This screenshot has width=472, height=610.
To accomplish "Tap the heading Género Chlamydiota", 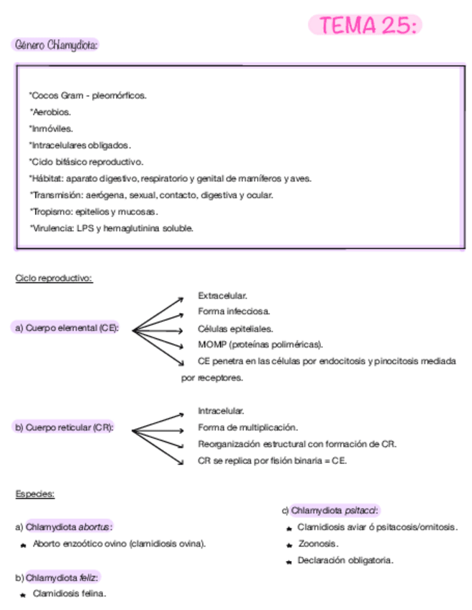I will pos(55,45).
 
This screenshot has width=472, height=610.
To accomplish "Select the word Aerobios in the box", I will pos(51,111).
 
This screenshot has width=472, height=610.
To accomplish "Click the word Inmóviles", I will pos(52,128).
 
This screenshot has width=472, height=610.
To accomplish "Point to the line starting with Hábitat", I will pos(171,178).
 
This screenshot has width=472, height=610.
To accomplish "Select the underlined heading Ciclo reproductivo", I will pos(54,278).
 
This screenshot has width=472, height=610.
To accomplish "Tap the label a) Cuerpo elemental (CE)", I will pos(67,328).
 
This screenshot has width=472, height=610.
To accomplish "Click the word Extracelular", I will pos(222,295).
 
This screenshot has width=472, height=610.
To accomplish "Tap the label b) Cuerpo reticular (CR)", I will pos(64,427).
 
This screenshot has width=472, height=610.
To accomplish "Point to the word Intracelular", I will pos(221,411).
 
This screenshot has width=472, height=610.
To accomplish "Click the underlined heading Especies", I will pos(35,493).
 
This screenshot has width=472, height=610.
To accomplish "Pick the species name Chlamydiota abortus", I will pos(68,527).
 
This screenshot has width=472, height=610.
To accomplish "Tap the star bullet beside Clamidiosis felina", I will pos(24,594).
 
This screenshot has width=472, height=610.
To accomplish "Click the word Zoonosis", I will pos(317,544).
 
